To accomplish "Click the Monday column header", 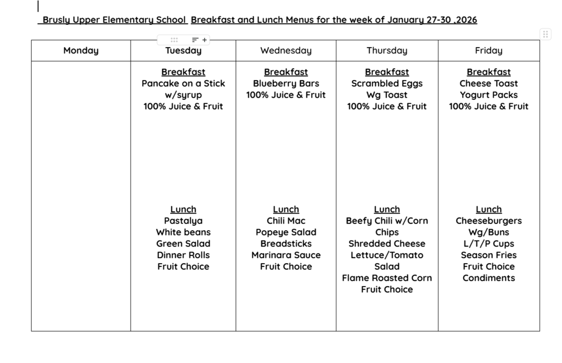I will pos(81,51).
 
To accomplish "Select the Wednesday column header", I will pos(285,51).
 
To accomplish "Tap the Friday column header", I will pos(488,51).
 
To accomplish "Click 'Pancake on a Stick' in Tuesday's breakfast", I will pos(183,83).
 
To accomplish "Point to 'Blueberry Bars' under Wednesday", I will pos(285,83).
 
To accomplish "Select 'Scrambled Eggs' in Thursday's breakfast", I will pos(387,83).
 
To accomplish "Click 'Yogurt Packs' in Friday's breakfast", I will pos(488,95).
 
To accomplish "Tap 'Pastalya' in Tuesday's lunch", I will pos(183,221).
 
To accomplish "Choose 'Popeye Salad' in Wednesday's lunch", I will pos(285,232).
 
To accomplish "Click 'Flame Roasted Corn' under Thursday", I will pos(387,278).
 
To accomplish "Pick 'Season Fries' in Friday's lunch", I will pos(488,255).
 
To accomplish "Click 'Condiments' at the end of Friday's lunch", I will pos(488,278).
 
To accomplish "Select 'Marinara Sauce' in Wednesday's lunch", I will pos(285,255).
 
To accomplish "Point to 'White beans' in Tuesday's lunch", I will pos(183,232).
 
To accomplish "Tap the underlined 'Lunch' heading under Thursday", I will pos(387,209).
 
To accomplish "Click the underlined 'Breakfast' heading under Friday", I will pos(488,72).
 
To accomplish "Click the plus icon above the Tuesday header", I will pos(205,40).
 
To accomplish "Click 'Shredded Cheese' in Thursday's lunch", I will pos(387,243).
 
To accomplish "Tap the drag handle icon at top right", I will pos(546,34).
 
